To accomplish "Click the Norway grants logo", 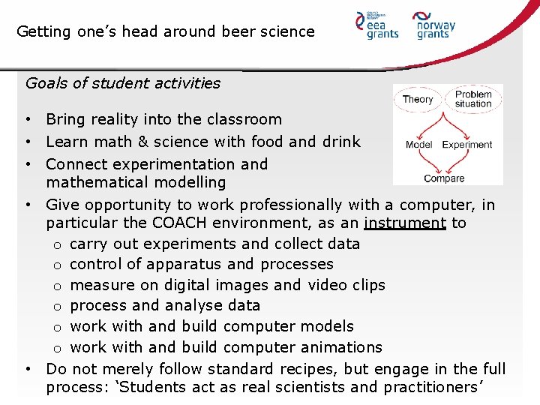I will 435,25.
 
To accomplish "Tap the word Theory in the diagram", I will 418,99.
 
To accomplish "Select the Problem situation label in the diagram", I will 473,99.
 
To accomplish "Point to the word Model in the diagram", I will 419,145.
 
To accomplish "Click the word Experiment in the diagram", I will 467,145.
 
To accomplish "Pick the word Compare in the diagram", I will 444,178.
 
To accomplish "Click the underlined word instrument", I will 404,223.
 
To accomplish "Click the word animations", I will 342,347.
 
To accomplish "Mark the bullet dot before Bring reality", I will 27,120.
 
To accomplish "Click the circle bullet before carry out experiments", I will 58,244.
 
